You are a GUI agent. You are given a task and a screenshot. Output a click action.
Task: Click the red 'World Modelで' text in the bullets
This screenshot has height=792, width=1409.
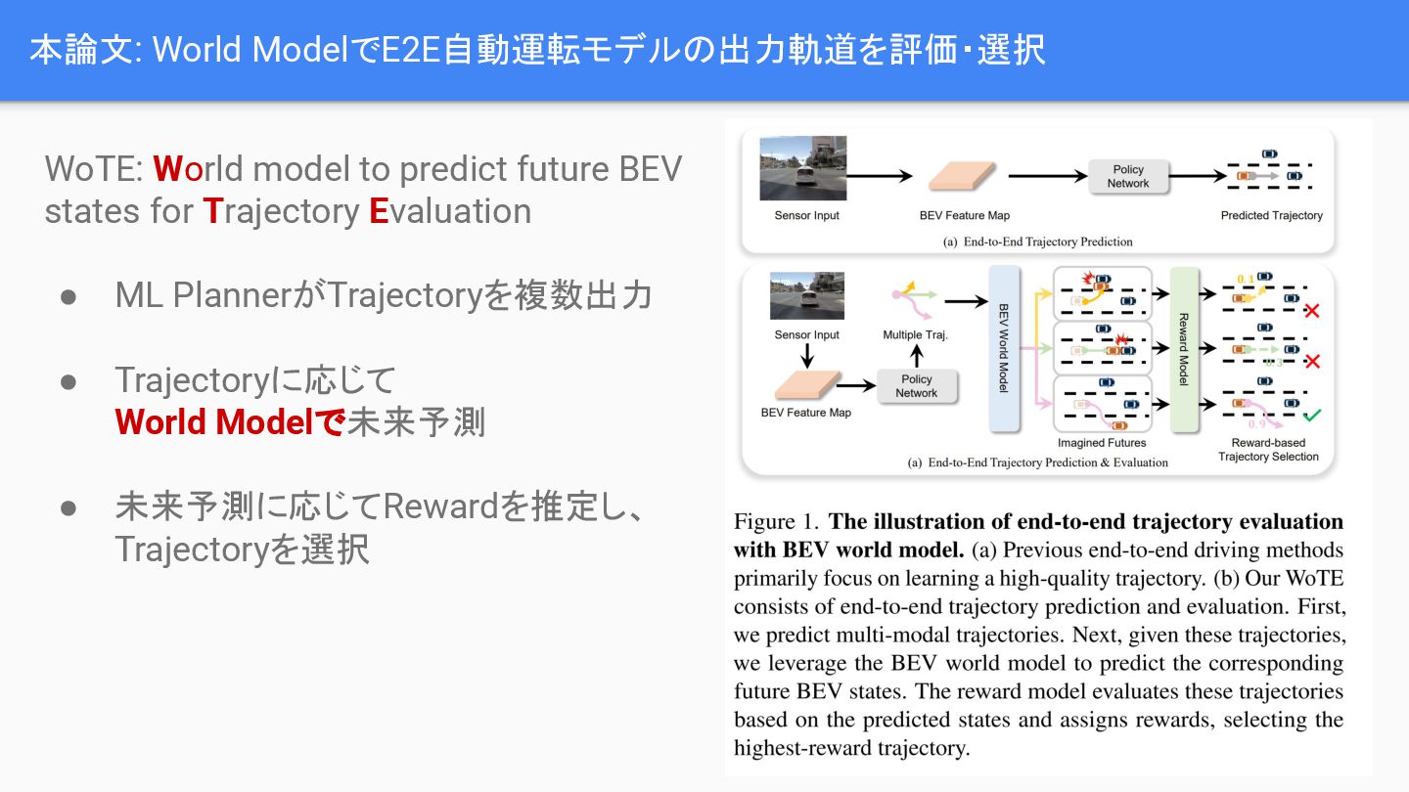230,421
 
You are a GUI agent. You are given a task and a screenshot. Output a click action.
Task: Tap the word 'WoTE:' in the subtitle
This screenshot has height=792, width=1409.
93,169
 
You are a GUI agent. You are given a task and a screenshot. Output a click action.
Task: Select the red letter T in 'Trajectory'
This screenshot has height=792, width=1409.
212,211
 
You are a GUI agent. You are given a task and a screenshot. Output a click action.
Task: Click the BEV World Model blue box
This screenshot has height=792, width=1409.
1004,348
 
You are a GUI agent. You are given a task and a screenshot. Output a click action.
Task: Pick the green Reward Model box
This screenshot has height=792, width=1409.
1183,348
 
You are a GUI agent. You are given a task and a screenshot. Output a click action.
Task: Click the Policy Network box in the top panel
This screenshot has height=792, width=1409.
1127,176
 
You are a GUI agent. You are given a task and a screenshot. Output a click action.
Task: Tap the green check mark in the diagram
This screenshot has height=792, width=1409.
1312,417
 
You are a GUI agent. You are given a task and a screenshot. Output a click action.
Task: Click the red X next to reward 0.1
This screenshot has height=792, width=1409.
1312,311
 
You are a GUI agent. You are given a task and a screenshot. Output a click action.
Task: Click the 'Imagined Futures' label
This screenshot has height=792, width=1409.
1101,443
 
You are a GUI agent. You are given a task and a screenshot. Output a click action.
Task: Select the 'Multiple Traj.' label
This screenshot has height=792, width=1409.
915,334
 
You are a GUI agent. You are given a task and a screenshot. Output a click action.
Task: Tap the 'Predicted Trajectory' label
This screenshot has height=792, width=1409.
1271,215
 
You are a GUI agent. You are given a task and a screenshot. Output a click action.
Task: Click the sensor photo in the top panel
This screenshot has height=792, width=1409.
802,168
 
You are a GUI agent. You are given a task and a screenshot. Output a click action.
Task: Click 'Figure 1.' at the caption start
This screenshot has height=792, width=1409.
776,522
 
